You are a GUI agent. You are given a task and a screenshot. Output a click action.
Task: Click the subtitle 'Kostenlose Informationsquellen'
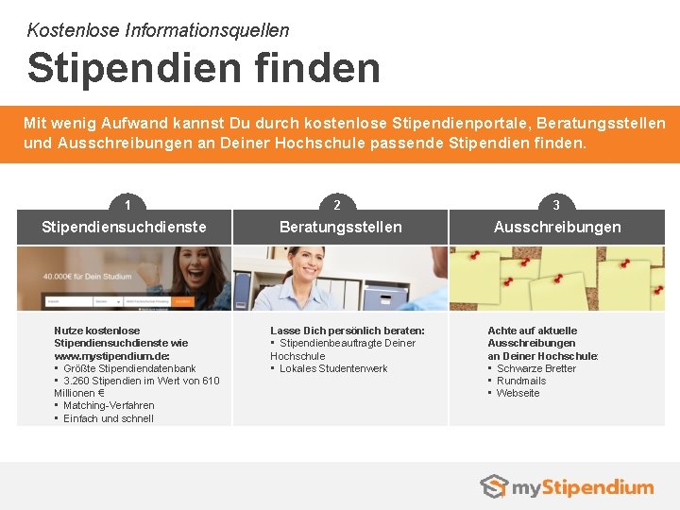[158, 30]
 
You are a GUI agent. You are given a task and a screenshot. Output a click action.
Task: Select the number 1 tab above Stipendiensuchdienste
[127, 204]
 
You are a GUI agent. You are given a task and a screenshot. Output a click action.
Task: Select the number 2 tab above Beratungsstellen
[337, 204]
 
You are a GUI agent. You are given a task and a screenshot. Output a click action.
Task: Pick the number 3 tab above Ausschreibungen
[556, 204]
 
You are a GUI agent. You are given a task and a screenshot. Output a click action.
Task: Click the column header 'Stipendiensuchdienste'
[124, 227]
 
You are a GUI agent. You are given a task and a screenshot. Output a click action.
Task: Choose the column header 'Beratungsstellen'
[340, 227]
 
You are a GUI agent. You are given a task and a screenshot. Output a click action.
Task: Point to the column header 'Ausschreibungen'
[557, 227]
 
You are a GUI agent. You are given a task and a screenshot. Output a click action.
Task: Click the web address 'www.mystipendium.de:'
[111, 356]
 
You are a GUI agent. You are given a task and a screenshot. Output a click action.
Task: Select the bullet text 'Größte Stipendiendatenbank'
[129, 368]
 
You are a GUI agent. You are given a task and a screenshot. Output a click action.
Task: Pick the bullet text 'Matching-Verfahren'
[109, 405]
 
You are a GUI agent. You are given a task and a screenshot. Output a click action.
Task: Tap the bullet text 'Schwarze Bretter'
[535, 368]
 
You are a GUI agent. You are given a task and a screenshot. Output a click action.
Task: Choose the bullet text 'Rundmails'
[521, 381]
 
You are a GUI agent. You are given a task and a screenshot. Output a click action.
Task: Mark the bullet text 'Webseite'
[518, 393]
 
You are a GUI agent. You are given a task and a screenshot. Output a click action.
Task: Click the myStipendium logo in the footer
[567, 487]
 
